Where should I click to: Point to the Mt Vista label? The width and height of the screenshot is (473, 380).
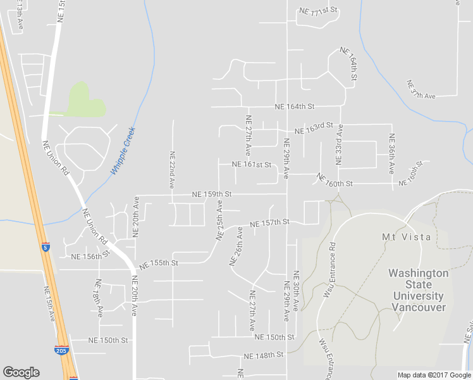[407, 237]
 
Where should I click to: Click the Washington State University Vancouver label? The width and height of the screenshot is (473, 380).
[419, 290]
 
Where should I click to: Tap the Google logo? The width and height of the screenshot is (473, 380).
[21, 372]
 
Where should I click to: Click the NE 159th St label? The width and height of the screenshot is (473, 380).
[212, 194]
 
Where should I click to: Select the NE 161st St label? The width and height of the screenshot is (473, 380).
[251, 165]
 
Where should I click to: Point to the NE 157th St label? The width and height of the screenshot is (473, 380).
[269, 223]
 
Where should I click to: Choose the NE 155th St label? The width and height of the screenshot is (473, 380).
[159, 262]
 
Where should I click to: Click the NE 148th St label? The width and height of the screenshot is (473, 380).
[263, 355]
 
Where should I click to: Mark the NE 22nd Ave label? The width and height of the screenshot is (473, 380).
[171, 170]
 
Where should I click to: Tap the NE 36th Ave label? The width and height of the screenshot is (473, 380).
[392, 154]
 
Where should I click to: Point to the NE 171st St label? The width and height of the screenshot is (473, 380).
[318, 11]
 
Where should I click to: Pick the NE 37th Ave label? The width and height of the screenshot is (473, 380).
[421, 90]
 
